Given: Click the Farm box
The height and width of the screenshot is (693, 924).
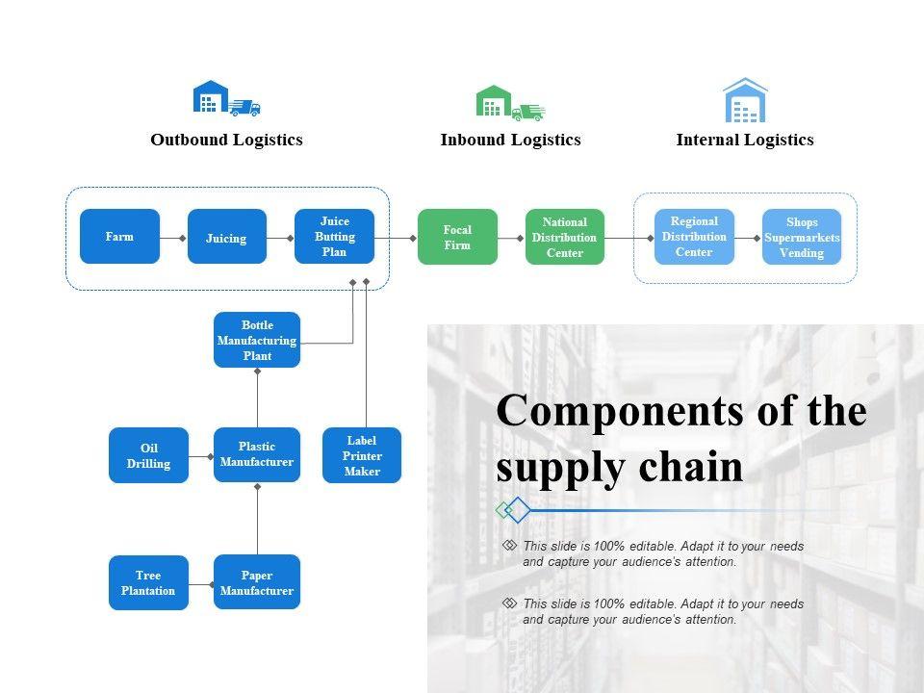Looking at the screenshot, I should tap(119, 236).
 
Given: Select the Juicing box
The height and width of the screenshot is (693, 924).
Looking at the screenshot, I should tap(226, 237).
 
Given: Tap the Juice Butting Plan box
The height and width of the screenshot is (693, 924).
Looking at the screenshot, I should tap(334, 237).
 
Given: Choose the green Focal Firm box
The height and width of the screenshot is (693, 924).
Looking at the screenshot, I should tap(457, 237).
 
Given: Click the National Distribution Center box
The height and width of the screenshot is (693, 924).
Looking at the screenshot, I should tap(565, 237).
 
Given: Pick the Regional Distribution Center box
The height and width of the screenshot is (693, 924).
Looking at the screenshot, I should tap(694, 237).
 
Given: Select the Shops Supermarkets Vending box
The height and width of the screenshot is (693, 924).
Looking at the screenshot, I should tap(802, 237).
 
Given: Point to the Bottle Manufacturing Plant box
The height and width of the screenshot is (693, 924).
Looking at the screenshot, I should tap(257, 340).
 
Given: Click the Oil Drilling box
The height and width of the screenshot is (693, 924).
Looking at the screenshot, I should tap(148, 455).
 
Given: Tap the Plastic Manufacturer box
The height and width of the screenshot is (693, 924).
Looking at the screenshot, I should tap(257, 454).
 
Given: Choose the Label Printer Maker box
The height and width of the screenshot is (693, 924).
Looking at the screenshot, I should tap(362, 455).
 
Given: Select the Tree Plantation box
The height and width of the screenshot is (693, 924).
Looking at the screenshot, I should tap(148, 582).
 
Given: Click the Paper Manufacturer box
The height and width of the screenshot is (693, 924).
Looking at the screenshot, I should tap(257, 582).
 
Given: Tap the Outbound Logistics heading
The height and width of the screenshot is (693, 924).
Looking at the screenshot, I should tap(226, 140).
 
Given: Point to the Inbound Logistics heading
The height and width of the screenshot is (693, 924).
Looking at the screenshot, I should tap(510, 140).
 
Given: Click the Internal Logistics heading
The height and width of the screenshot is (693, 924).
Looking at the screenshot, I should tap(745, 140).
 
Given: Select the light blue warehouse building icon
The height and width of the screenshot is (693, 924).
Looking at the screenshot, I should tap(745, 101).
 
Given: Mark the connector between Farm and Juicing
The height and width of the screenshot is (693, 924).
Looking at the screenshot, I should tap(173, 237).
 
